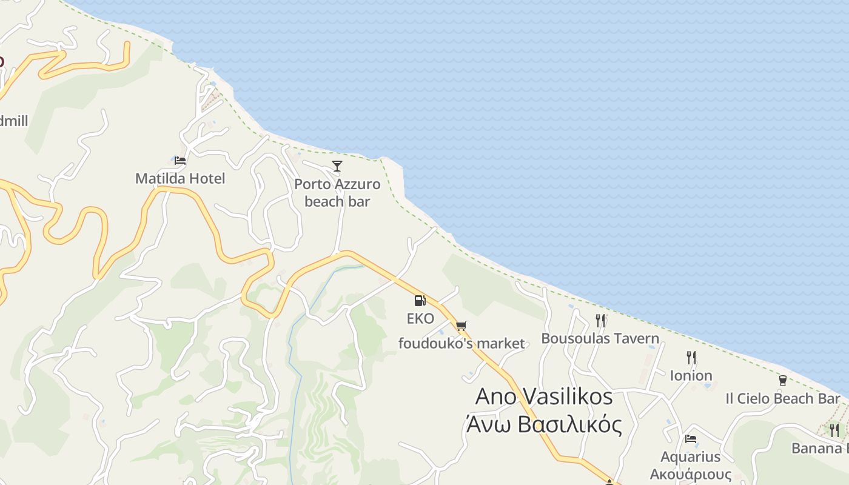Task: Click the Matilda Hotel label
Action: tap(180, 178)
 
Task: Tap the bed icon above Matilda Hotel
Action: tap(180, 161)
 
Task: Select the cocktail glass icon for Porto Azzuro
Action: tap(337, 166)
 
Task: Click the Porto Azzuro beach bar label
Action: tap(337, 193)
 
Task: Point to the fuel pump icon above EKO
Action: tap(420, 300)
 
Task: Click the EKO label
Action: tap(420, 318)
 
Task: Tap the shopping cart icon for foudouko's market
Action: tap(461, 326)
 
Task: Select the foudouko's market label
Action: tap(461, 344)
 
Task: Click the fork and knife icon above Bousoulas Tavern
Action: tap(600, 320)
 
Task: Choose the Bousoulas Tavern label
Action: tap(600, 338)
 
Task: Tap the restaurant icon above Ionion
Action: tap(691, 358)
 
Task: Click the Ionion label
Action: tap(691, 376)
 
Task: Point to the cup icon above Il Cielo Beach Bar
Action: tap(782, 381)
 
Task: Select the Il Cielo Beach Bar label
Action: tap(782, 398)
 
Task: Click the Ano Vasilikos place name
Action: tap(544, 397)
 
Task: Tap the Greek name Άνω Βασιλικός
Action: tap(544, 424)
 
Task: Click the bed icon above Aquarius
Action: tap(690, 439)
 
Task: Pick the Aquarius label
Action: tap(690, 457)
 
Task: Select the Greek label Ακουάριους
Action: tap(690, 473)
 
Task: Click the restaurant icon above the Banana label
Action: tap(834, 430)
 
